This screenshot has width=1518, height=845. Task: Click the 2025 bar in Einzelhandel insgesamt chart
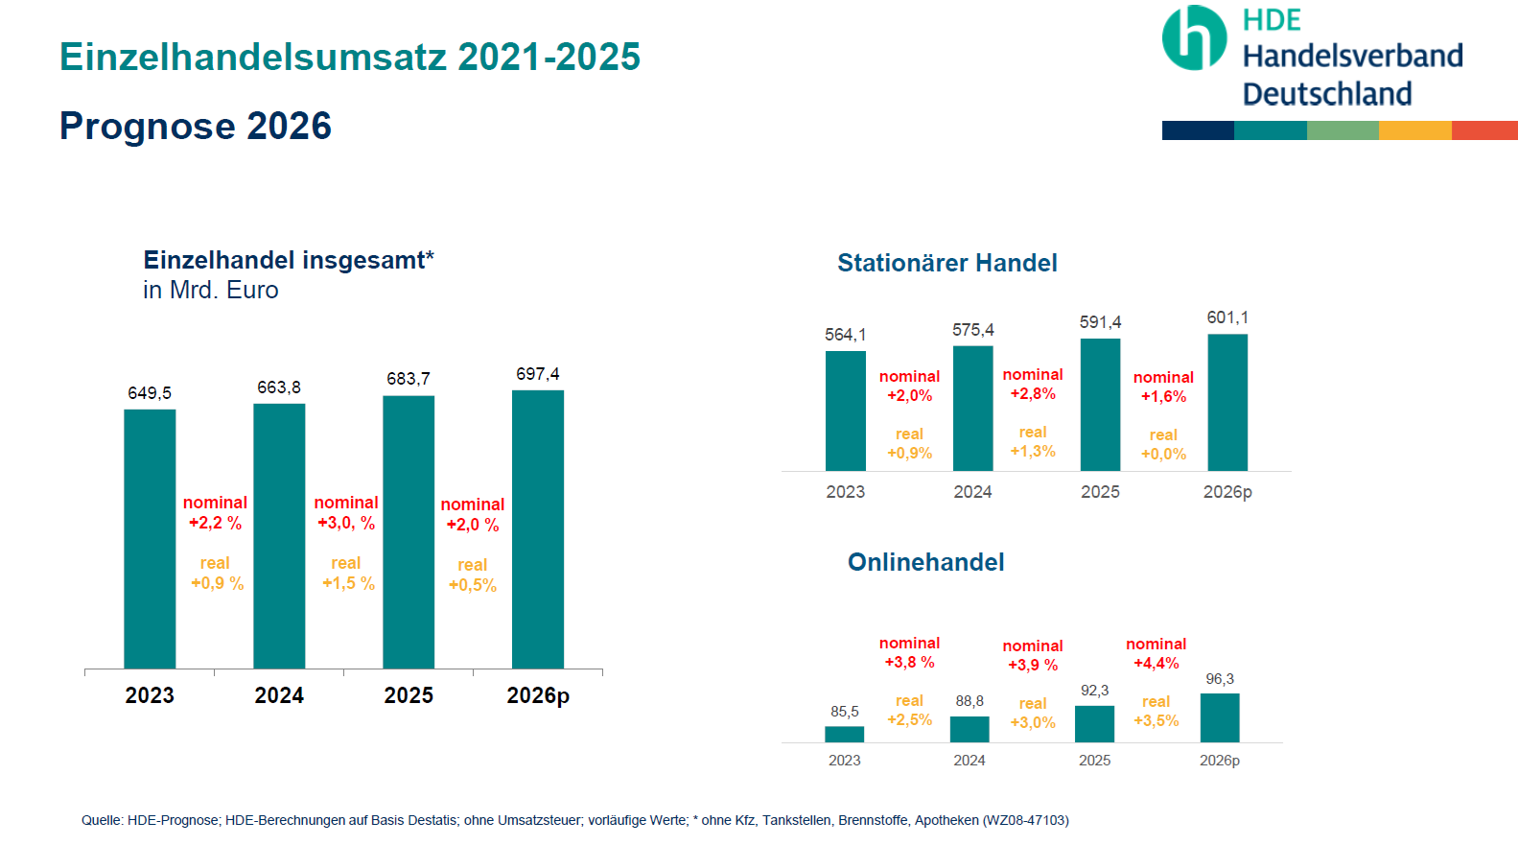[x=409, y=532]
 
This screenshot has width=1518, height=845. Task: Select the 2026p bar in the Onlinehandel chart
[x=1220, y=717]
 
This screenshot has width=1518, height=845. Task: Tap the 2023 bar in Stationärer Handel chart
[x=845, y=411]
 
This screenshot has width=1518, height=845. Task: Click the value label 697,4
[x=538, y=374]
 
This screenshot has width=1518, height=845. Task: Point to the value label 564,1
[x=845, y=335]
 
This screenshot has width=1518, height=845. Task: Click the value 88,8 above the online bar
[x=969, y=701]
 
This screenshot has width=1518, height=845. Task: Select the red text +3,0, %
[x=346, y=523]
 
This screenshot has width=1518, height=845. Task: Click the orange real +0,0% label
[x=1163, y=445]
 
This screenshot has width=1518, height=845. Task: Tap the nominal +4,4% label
[x=1156, y=653]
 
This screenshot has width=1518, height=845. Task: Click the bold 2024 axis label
[x=279, y=695]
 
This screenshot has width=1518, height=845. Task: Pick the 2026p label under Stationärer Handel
[x=1227, y=492]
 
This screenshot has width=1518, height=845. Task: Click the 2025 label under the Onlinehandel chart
[x=1094, y=761]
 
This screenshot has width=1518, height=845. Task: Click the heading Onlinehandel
[x=925, y=562]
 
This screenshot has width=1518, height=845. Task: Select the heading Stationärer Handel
[x=946, y=263]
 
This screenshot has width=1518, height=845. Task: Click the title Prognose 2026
[x=196, y=126]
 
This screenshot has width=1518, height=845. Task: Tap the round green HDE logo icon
[x=1194, y=38]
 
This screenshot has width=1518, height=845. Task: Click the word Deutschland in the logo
[x=1327, y=94]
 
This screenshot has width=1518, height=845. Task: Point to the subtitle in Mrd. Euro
[x=211, y=290]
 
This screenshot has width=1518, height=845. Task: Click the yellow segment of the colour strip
[x=1414, y=130]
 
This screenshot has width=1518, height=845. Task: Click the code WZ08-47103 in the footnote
[x=1025, y=820]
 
